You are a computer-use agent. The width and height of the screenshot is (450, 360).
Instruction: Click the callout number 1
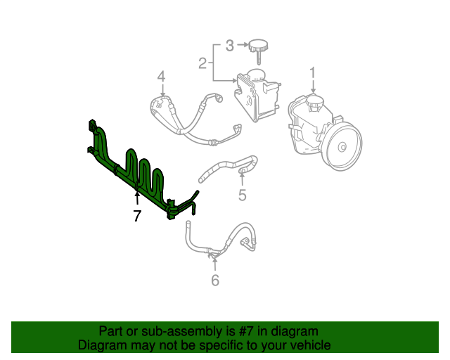[x=313, y=72]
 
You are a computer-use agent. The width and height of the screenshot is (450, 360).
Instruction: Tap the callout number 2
[x=202, y=64]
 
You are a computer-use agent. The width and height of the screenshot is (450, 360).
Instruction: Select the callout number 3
[x=229, y=46]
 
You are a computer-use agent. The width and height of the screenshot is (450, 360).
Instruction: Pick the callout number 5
[x=242, y=195]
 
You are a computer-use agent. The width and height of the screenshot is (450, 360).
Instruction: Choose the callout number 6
[x=215, y=281]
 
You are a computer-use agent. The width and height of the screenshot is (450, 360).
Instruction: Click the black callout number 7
[x=137, y=217]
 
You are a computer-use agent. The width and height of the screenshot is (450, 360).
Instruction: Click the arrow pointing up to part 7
[x=137, y=199]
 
